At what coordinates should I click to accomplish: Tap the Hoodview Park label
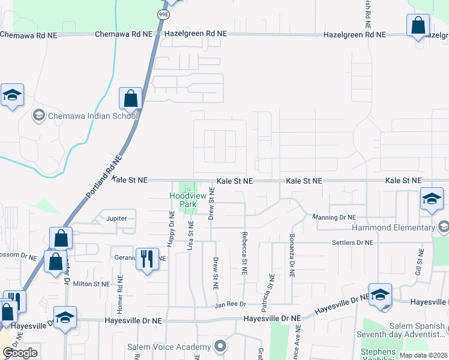(x=183, y=200)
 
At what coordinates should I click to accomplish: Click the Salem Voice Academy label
(x=169, y=347)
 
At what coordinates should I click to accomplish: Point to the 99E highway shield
(x=163, y=13)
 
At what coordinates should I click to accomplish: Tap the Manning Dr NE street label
(x=334, y=217)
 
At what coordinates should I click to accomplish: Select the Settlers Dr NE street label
(x=352, y=242)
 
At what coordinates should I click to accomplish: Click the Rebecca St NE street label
(x=245, y=253)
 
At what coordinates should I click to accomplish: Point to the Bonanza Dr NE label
(x=292, y=255)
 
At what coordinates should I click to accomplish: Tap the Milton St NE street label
(x=91, y=284)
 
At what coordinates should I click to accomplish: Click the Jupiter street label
(x=116, y=218)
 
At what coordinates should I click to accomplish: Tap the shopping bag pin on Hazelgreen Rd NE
(x=418, y=26)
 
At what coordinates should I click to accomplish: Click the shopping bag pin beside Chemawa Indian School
(x=130, y=98)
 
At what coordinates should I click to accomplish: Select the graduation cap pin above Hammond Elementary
(x=432, y=199)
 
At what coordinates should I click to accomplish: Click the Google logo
(x=20, y=353)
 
